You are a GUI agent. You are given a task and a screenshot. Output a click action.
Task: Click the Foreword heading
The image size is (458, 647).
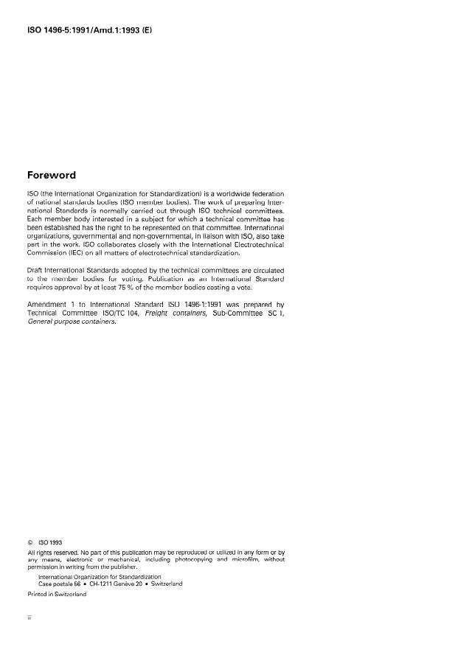coord(51,176)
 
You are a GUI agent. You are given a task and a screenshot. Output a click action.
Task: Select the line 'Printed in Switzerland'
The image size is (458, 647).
coord(57,594)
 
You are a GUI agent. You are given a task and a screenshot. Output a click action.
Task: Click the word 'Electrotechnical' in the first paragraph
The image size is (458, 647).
coord(254,243)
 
